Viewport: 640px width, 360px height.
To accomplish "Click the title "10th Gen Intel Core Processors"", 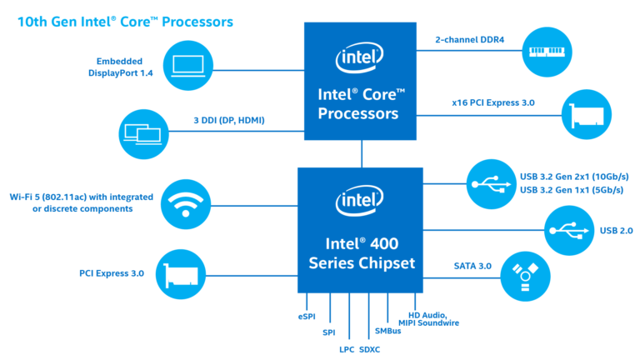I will [x=125, y=19].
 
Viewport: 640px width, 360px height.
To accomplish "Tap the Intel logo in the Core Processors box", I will [x=361, y=59].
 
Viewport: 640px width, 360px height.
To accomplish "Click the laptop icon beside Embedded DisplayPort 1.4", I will [x=191, y=66].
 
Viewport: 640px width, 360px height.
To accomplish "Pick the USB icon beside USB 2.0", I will [x=569, y=229].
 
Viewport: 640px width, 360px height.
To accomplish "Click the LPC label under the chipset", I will [x=347, y=349].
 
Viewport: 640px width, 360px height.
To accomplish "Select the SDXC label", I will [x=369, y=349].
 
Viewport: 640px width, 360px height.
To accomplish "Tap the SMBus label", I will [x=388, y=332].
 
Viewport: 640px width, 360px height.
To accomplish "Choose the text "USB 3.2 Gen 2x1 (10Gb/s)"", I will [x=573, y=177].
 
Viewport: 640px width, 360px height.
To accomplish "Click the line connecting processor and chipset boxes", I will [x=361, y=153].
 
